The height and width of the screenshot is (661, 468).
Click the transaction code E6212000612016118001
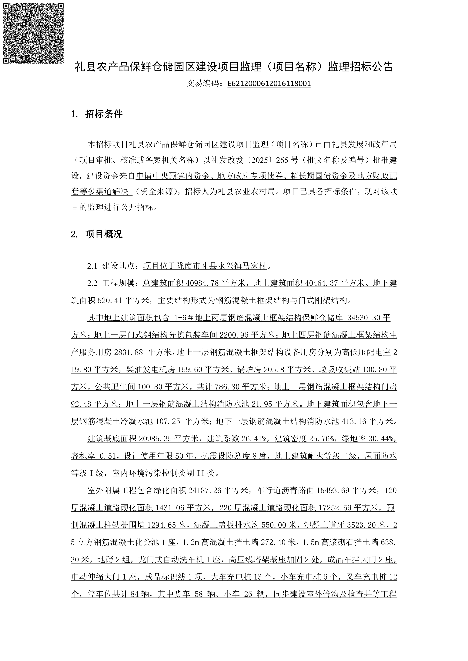pyautogui.click(x=269, y=84)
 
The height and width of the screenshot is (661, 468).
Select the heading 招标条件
pyautogui.click(x=104, y=114)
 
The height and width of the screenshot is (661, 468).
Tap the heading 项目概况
pyautogui.click(x=104, y=234)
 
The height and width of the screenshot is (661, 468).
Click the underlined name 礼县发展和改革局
pyautogui.click(x=364, y=144)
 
